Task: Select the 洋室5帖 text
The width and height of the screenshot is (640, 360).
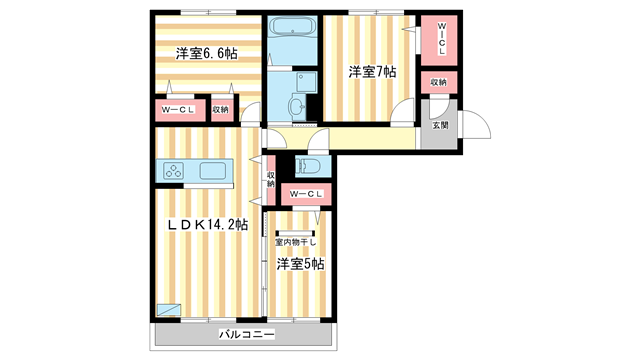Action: click(x=300, y=263)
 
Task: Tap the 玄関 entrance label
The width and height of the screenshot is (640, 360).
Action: click(x=440, y=125)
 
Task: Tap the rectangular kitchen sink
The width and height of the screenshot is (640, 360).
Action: click(x=214, y=170)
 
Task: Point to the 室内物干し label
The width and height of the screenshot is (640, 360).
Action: click(x=296, y=242)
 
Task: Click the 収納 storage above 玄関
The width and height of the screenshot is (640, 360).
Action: click(x=439, y=82)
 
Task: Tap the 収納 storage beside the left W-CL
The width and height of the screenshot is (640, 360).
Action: click(x=221, y=109)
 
